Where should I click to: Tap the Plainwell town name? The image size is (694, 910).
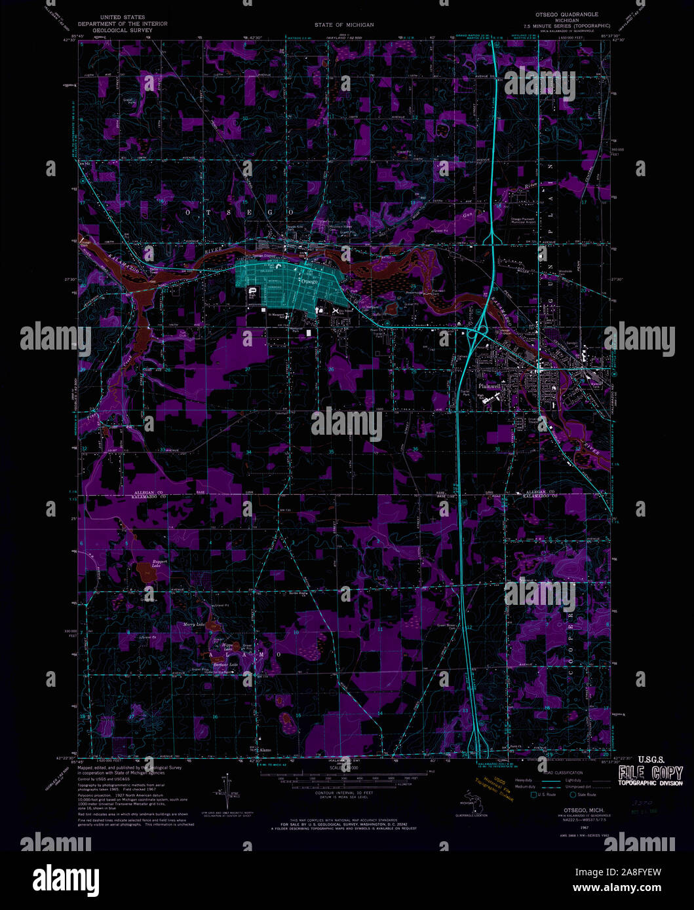pyautogui.click(x=490, y=386)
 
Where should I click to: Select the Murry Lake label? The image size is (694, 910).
pyautogui.click(x=195, y=625)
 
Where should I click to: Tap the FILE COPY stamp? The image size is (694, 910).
pyautogui.click(x=650, y=773)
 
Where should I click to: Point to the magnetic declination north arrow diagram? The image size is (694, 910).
pyautogui.click(x=227, y=792)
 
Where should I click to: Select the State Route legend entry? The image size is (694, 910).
pyautogui.click(x=583, y=795)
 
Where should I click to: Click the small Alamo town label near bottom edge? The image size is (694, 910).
pyautogui.click(x=264, y=749)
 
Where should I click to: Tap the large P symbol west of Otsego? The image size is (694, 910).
pyautogui.click(x=253, y=290)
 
